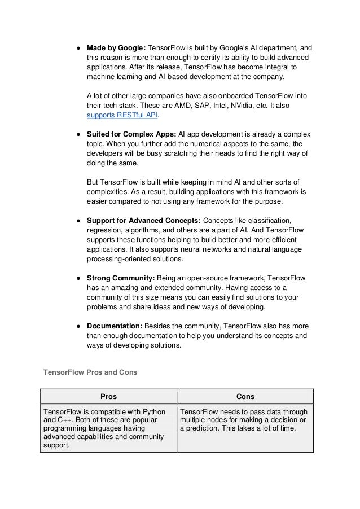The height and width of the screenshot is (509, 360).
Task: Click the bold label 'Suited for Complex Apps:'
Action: coord(131,135)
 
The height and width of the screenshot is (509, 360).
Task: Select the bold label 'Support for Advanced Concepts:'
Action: coord(142,221)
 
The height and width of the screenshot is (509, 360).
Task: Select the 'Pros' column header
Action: coord(108,396)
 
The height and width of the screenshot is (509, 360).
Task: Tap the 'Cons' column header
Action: coord(245,396)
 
